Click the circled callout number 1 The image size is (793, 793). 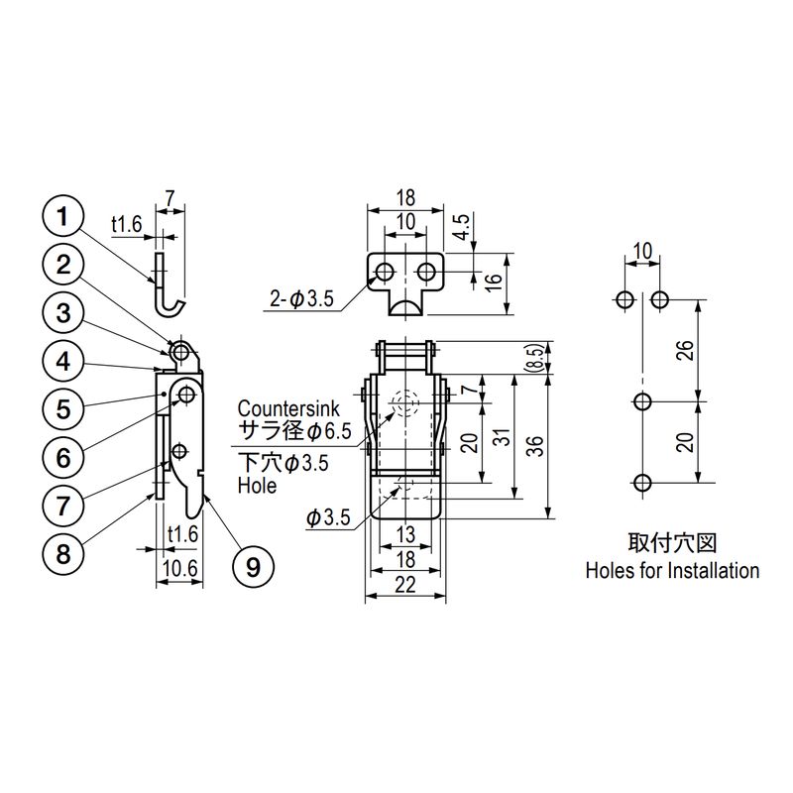63,217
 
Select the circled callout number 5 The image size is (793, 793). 63,408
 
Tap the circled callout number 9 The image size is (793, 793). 254,567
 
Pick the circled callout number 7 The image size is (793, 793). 63,506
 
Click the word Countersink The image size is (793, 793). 288,408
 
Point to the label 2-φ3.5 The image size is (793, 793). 302,299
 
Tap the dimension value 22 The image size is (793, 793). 405,585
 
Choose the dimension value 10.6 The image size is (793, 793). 180,568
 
